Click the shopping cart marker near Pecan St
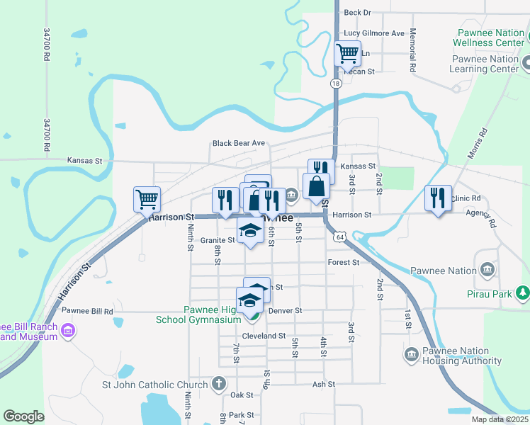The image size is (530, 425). coord(347,53)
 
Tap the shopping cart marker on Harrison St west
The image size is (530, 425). coord(147,199)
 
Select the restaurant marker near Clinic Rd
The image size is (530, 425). coord(438,198)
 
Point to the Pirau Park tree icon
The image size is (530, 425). coord(523,292)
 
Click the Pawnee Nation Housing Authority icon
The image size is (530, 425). coord(410,354)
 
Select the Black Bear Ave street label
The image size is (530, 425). coord(238,143)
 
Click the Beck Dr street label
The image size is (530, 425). coord(357,13)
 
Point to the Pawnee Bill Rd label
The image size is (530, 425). coord(87,311)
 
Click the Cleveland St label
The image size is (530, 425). coord(264,336)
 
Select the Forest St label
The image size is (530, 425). coord(344,262)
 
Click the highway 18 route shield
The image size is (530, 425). coord(335,83)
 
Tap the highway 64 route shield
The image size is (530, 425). coord(340,237)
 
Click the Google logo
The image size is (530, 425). coord(23,416)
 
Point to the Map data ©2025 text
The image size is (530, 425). coord(499,419)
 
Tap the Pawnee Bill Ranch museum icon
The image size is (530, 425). coord(68,331)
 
